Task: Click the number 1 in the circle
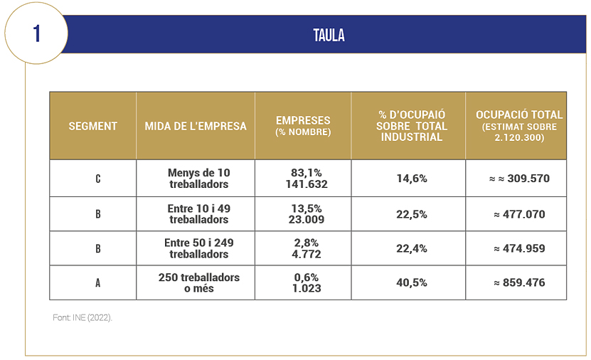click(x=36, y=33)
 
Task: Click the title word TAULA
click(x=329, y=36)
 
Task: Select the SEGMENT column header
click(x=92, y=126)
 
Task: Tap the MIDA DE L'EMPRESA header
click(x=196, y=126)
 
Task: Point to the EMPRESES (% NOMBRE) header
click(x=303, y=126)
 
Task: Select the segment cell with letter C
click(x=98, y=179)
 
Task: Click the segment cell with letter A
click(x=98, y=283)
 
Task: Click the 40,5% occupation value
click(x=412, y=283)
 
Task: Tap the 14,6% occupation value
click(x=412, y=179)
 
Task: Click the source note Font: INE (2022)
click(x=82, y=318)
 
